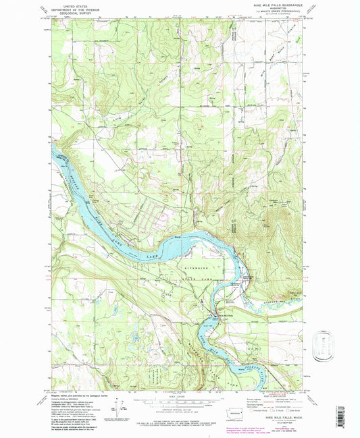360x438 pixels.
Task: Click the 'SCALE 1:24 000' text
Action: (x=177, y=395)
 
